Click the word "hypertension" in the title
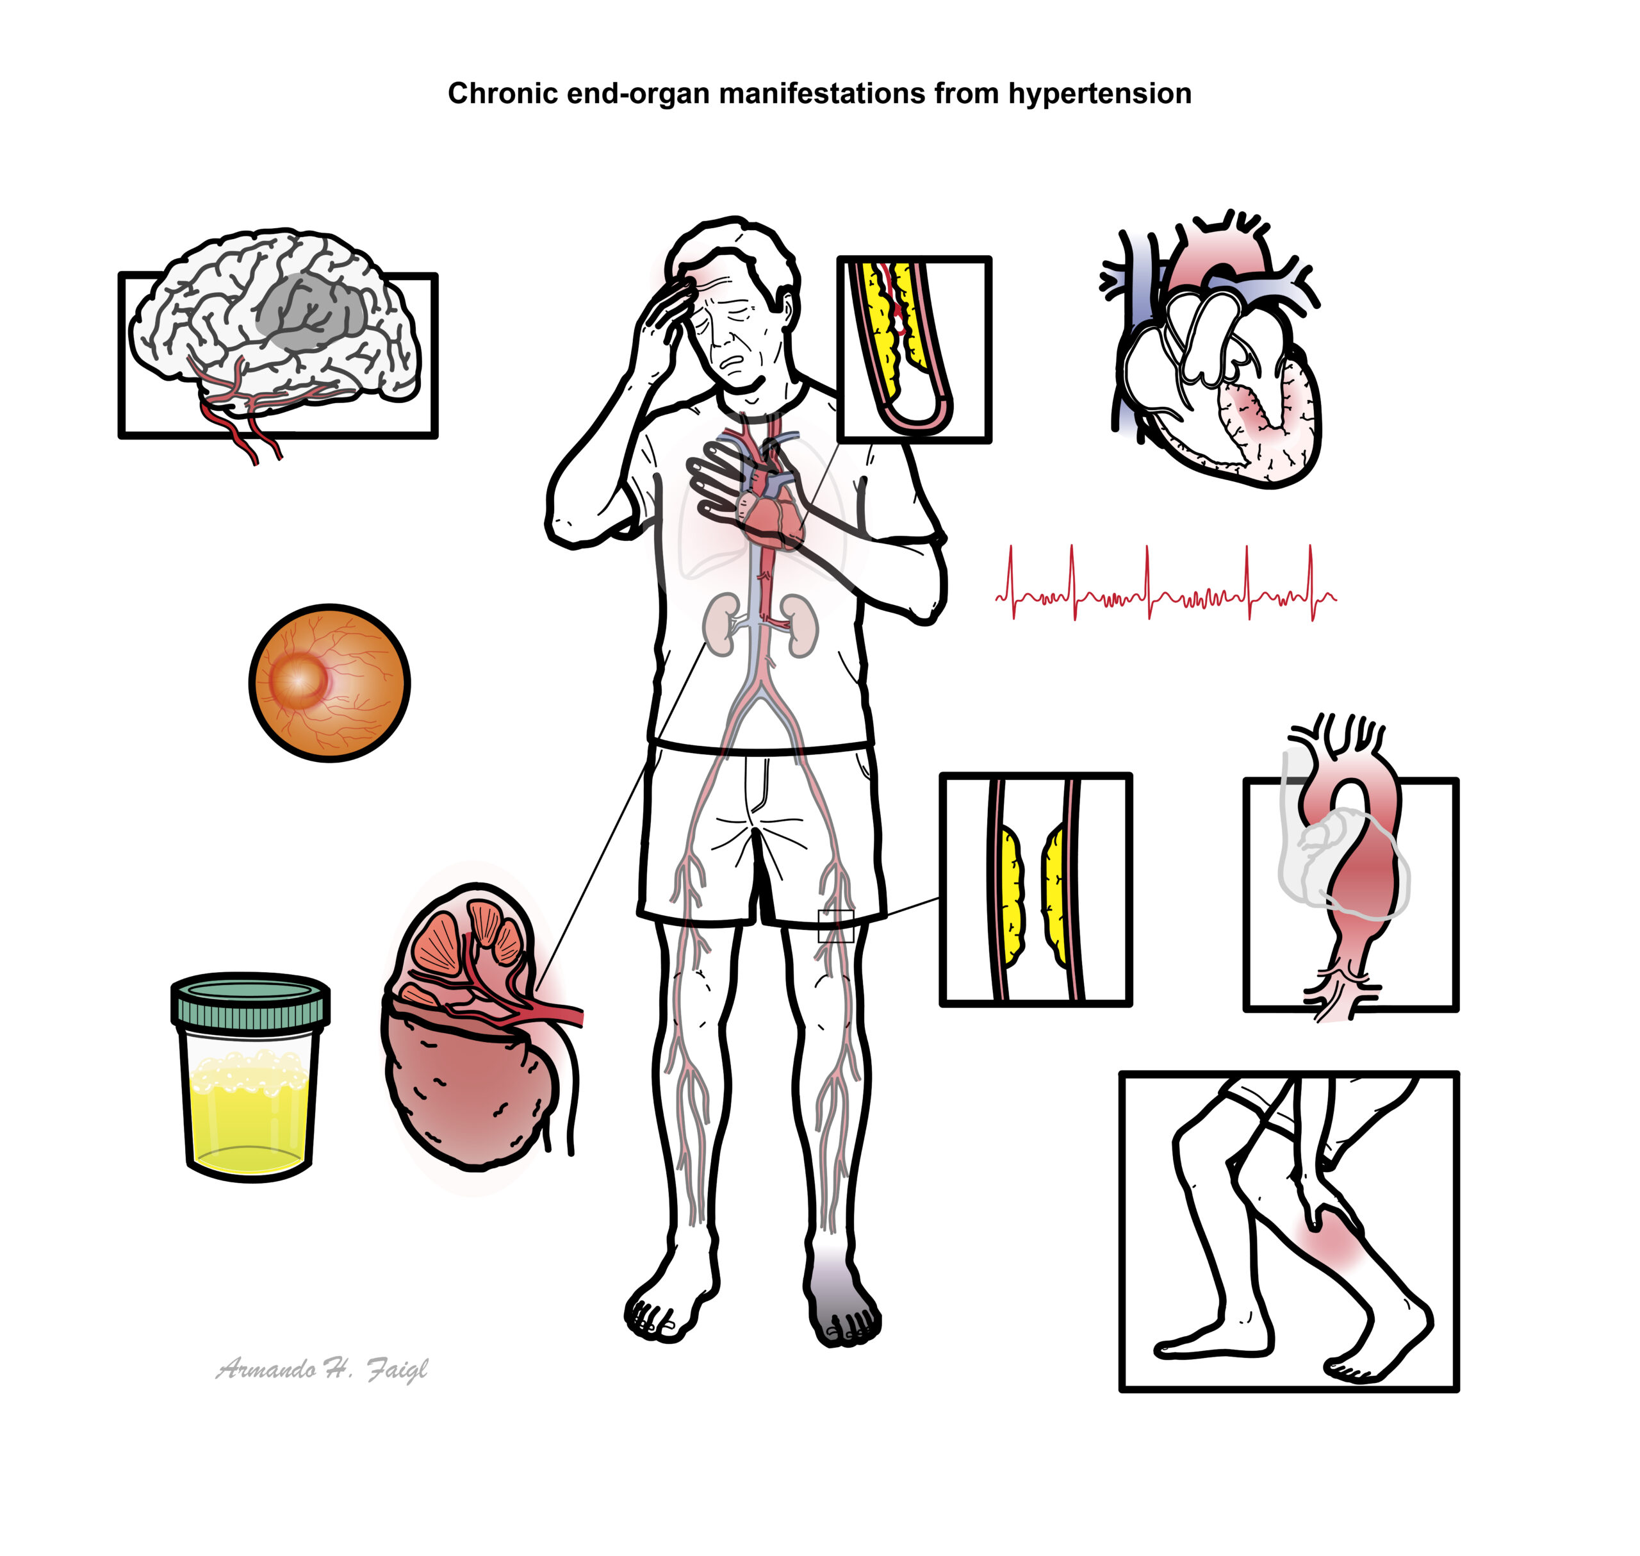(1099, 94)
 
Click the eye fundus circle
(329, 683)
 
